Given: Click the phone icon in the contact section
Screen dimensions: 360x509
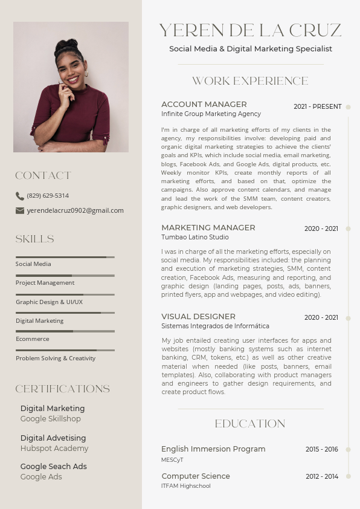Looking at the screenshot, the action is click(20, 196).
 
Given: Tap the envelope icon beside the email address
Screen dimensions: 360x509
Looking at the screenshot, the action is click(20, 210).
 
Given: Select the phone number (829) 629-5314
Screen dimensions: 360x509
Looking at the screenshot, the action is click(48, 196).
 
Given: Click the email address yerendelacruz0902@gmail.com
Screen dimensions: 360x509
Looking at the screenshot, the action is click(75, 210).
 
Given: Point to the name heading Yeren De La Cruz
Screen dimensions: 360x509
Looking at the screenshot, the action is click(250, 30).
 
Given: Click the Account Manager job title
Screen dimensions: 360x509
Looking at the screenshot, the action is click(204, 104).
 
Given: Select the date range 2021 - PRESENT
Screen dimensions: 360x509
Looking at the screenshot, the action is click(317, 106).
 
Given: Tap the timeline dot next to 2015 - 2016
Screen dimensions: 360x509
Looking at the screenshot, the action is click(349, 449).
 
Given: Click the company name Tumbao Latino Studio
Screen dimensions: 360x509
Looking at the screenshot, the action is click(194, 237).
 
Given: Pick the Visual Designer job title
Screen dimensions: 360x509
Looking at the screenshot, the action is click(198, 316).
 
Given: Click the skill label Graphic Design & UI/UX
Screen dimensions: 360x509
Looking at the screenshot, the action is click(49, 302).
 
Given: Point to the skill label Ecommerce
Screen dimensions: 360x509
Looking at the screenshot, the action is click(33, 339).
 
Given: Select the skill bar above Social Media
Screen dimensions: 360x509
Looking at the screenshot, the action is click(65, 258).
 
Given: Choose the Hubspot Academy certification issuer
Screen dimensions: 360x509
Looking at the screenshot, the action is click(54, 449).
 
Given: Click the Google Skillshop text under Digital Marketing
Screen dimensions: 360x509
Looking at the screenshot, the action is click(50, 418).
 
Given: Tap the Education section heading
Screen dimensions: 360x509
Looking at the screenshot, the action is click(250, 424).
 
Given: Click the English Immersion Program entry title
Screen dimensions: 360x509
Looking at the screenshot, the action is click(213, 449).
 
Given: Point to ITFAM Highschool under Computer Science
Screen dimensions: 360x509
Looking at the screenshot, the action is click(185, 486).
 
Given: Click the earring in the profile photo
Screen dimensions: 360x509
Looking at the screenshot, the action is click(86, 74).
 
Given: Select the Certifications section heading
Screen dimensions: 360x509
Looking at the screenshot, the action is click(63, 389).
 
